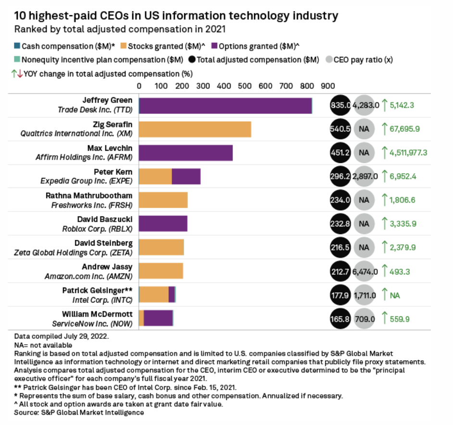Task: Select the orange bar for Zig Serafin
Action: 195,129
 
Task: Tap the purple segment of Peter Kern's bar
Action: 186,176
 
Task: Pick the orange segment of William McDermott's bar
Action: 141,318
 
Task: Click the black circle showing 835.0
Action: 340,105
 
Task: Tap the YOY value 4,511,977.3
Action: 410,153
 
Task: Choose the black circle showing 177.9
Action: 340,295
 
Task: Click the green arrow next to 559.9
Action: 385,318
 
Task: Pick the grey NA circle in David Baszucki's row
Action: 364,224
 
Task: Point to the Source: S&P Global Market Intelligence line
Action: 79,412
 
